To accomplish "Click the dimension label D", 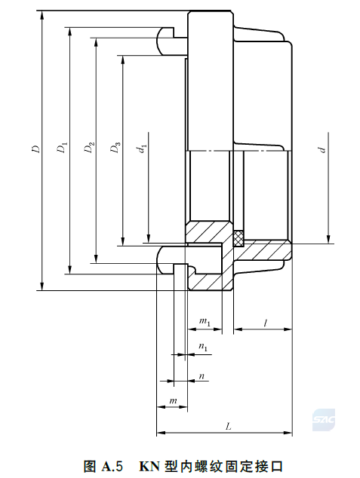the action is tap(36, 149).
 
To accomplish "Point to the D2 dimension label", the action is tap(89, 147).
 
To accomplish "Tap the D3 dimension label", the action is tap(115, 147).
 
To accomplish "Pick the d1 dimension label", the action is tap(143, 149).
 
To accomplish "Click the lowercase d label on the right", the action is tap(322, 150).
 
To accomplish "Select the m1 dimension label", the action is tap(205, 321).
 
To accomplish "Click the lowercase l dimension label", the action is tap(266, 323).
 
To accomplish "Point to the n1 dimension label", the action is tap(203, 347).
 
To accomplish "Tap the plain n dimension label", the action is tap(202, 376).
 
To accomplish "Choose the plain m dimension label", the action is tap(173, 400).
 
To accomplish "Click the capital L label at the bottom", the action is tap(228, 427).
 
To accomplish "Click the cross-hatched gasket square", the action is tap(238, 238).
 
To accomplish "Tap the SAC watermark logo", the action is tap(323, 420).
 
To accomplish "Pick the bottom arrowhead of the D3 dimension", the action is tap(123, 241).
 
